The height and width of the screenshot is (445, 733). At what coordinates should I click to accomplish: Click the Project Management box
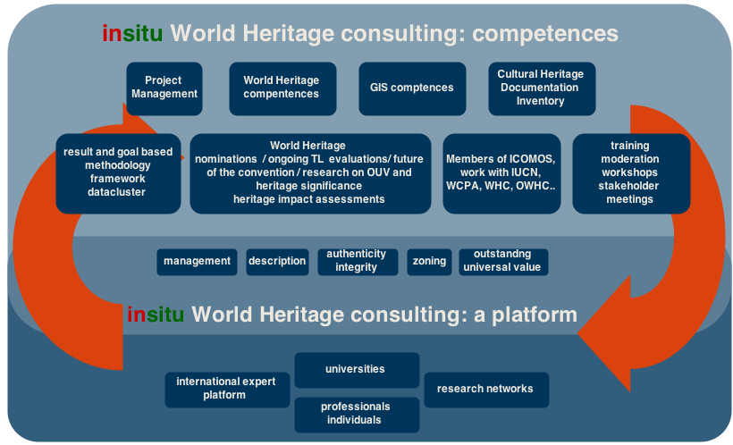pos(164,88)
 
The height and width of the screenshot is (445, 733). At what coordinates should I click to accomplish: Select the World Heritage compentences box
pos(282,88)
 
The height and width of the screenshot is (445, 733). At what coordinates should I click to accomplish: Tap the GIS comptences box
pos(411,88)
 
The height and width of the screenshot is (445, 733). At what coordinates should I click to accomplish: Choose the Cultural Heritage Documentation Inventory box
pos(541,88)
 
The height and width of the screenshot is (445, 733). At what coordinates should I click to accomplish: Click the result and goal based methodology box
pos(117,172)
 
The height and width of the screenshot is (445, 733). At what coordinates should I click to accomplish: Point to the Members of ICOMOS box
pos(501,172)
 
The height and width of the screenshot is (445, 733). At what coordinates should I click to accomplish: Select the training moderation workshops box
pos(630,172)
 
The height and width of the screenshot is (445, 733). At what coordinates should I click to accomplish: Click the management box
pos(197,261)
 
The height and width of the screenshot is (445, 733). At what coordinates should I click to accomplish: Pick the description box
pos(277,261)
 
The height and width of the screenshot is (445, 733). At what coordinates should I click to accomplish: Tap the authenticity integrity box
pos(357,261)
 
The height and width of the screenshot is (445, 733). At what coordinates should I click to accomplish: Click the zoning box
pos(429,261)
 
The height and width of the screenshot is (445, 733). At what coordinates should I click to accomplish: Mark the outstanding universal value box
pos(501,261)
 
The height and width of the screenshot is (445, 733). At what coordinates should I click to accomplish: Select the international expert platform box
pos(226,389)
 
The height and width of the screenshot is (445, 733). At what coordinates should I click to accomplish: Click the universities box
pos(356,369)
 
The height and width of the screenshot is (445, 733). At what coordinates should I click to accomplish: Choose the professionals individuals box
pos(356,414)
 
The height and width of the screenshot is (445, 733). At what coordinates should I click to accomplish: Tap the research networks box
pos(485,389)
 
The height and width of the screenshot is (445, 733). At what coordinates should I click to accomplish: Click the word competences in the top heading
pos(545,34)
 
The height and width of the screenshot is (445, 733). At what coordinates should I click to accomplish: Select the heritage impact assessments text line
pos(309,199)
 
